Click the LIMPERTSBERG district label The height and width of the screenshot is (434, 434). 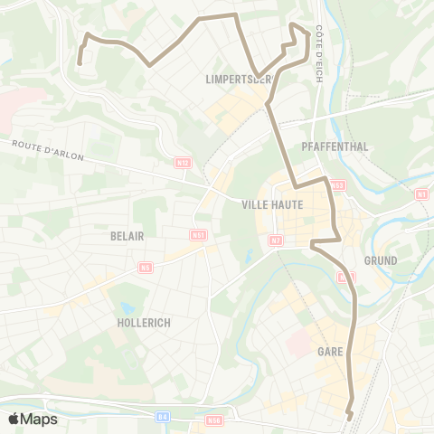pos(241,80)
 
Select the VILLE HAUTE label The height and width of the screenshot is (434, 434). pos(271,204)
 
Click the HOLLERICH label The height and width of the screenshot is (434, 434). pos(145,322)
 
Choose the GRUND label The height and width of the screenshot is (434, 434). pos(381,259)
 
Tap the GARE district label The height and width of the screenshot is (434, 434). pos(329,350)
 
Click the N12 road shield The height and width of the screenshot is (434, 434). pos(184,163)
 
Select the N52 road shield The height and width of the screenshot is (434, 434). pos(337,185)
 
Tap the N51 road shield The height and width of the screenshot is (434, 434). pos(199,235)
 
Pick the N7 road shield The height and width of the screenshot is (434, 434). pos(277,240)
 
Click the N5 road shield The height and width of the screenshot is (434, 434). pos(146,268)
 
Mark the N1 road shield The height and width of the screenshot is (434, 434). pos(421,193)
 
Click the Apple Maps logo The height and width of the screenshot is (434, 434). pos(33,419)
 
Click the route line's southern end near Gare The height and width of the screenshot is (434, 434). pos(350,416)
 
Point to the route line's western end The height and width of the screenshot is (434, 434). pos(80,63)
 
